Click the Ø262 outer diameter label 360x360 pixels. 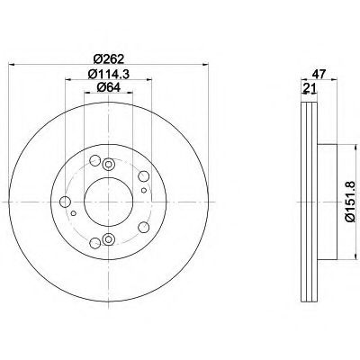(108, 59)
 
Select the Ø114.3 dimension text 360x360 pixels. (108, 74)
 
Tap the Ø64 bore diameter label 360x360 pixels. (108, 87)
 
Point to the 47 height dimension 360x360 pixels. (319, 74)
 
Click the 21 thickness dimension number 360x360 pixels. (309, 88)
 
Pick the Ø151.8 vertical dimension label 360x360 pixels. (351, 202)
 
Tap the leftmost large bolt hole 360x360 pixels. (65, 202)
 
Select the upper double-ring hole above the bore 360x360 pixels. (108, 164)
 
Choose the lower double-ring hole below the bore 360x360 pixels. (108, 239)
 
